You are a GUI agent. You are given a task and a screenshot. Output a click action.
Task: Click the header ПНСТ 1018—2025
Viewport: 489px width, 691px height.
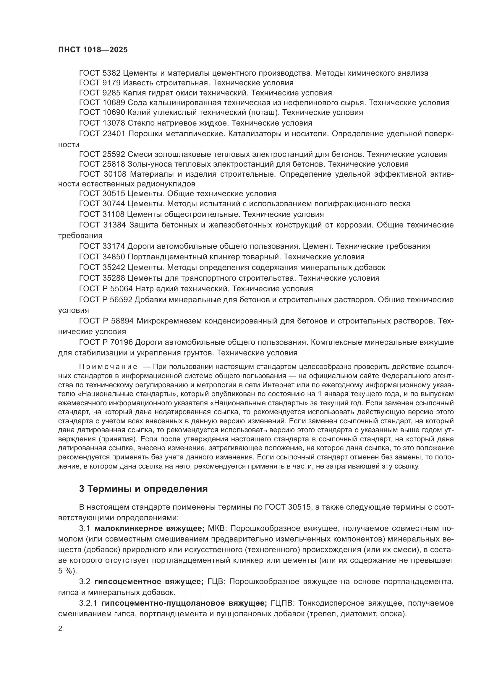93,50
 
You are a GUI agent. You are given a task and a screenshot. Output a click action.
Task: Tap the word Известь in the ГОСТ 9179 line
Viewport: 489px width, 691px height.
137,83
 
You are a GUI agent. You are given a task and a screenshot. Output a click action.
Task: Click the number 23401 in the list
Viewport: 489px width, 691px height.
114,134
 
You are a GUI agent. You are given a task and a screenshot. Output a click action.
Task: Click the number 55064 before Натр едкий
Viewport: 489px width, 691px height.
122,289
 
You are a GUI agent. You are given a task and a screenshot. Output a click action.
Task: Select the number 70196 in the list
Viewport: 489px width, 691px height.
122,342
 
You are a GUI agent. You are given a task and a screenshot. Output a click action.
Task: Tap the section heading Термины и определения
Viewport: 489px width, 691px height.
148,489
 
